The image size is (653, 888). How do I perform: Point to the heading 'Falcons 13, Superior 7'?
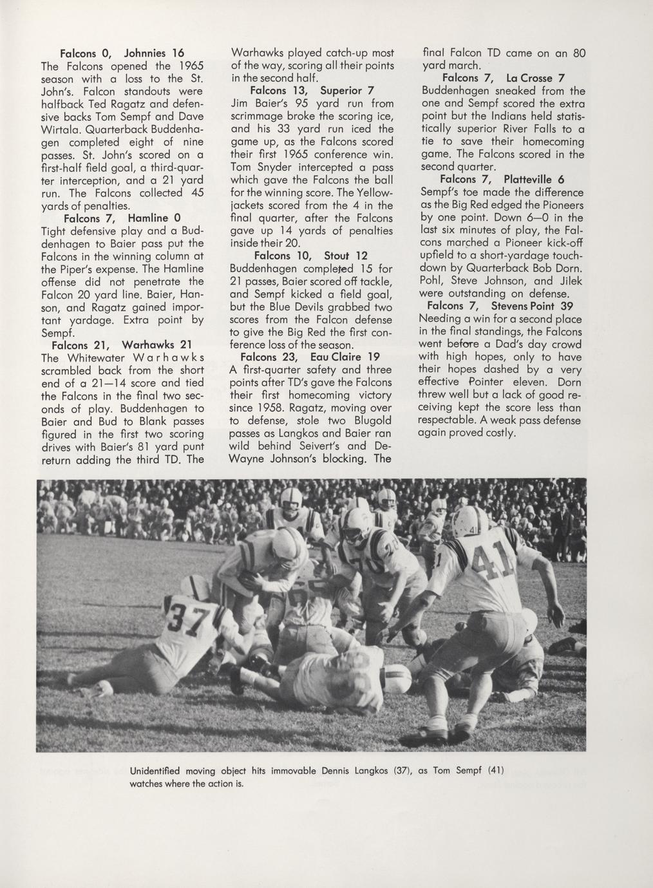(x=312, y=91)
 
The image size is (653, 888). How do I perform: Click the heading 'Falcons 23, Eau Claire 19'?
(x=310, y=357)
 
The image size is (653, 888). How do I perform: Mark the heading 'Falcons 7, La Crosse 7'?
(x=504, y=79)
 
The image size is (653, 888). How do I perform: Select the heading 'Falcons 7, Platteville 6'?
(x=502, y=180)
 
